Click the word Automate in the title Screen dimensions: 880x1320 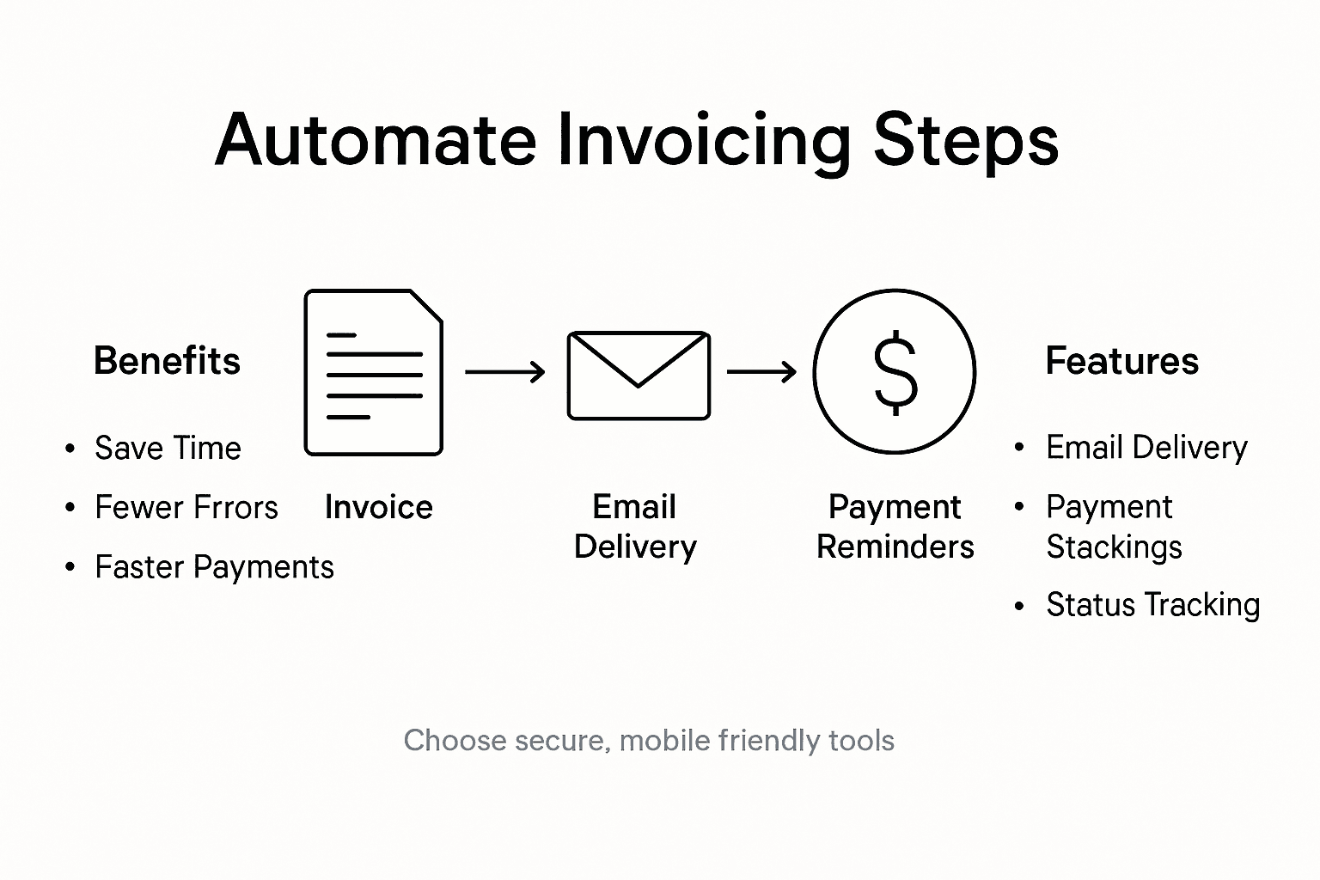coord(376,140)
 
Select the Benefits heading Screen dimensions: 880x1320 coord(167,361)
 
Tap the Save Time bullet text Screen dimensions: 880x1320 coord(168,449)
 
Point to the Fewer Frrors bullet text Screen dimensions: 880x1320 coord(186,508)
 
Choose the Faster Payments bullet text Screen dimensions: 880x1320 coord(214,567)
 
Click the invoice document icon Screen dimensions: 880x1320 coord(373,373)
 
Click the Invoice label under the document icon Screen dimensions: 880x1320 coord(378,508)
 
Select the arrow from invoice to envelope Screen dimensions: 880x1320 coord(504,372)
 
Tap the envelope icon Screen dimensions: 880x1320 coord(639,376)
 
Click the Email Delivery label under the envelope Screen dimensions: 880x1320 coord(635,527)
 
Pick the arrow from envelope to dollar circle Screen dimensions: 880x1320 coord(761,372)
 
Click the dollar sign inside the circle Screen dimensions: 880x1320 coord(895,372)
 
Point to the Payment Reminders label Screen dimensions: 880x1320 coord(895,527)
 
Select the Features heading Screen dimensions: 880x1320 coord(1121,361)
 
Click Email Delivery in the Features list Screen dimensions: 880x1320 coord(1146,448)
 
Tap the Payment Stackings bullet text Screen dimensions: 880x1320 coord(1114,527)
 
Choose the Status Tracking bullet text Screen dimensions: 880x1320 coord(1152,605)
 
